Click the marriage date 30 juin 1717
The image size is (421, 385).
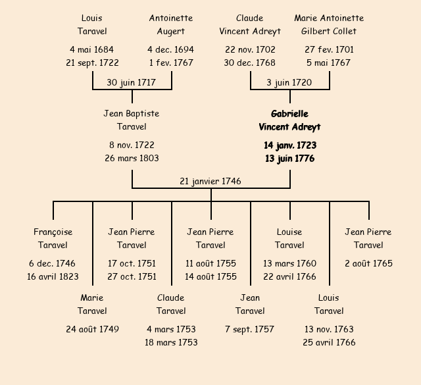point(132,82)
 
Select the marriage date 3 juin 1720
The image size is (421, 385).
point(289,82)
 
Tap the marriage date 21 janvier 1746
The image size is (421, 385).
point(210,181)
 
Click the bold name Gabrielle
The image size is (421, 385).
point(289,114)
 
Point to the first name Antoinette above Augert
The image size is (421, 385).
point(171,18)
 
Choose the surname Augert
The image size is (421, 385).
point(171,31)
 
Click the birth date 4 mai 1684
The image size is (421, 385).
point(92,49)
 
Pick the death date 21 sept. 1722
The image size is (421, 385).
point(92,63)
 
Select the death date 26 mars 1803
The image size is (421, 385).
point(132,158)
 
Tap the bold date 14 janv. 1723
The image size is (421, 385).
point(289,145)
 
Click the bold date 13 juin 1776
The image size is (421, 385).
point(289,159)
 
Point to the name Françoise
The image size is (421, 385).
point(53,232)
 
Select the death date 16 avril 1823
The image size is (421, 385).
point(53,276)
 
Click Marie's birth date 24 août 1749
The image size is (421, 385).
point(92,329)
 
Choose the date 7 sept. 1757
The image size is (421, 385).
point(250,329)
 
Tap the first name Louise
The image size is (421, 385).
point(289,232)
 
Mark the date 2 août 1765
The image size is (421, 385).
point(368,263)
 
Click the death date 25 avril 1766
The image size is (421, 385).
point(329,342)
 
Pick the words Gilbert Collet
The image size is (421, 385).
point(329,31)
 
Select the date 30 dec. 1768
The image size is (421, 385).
point(250,63)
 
